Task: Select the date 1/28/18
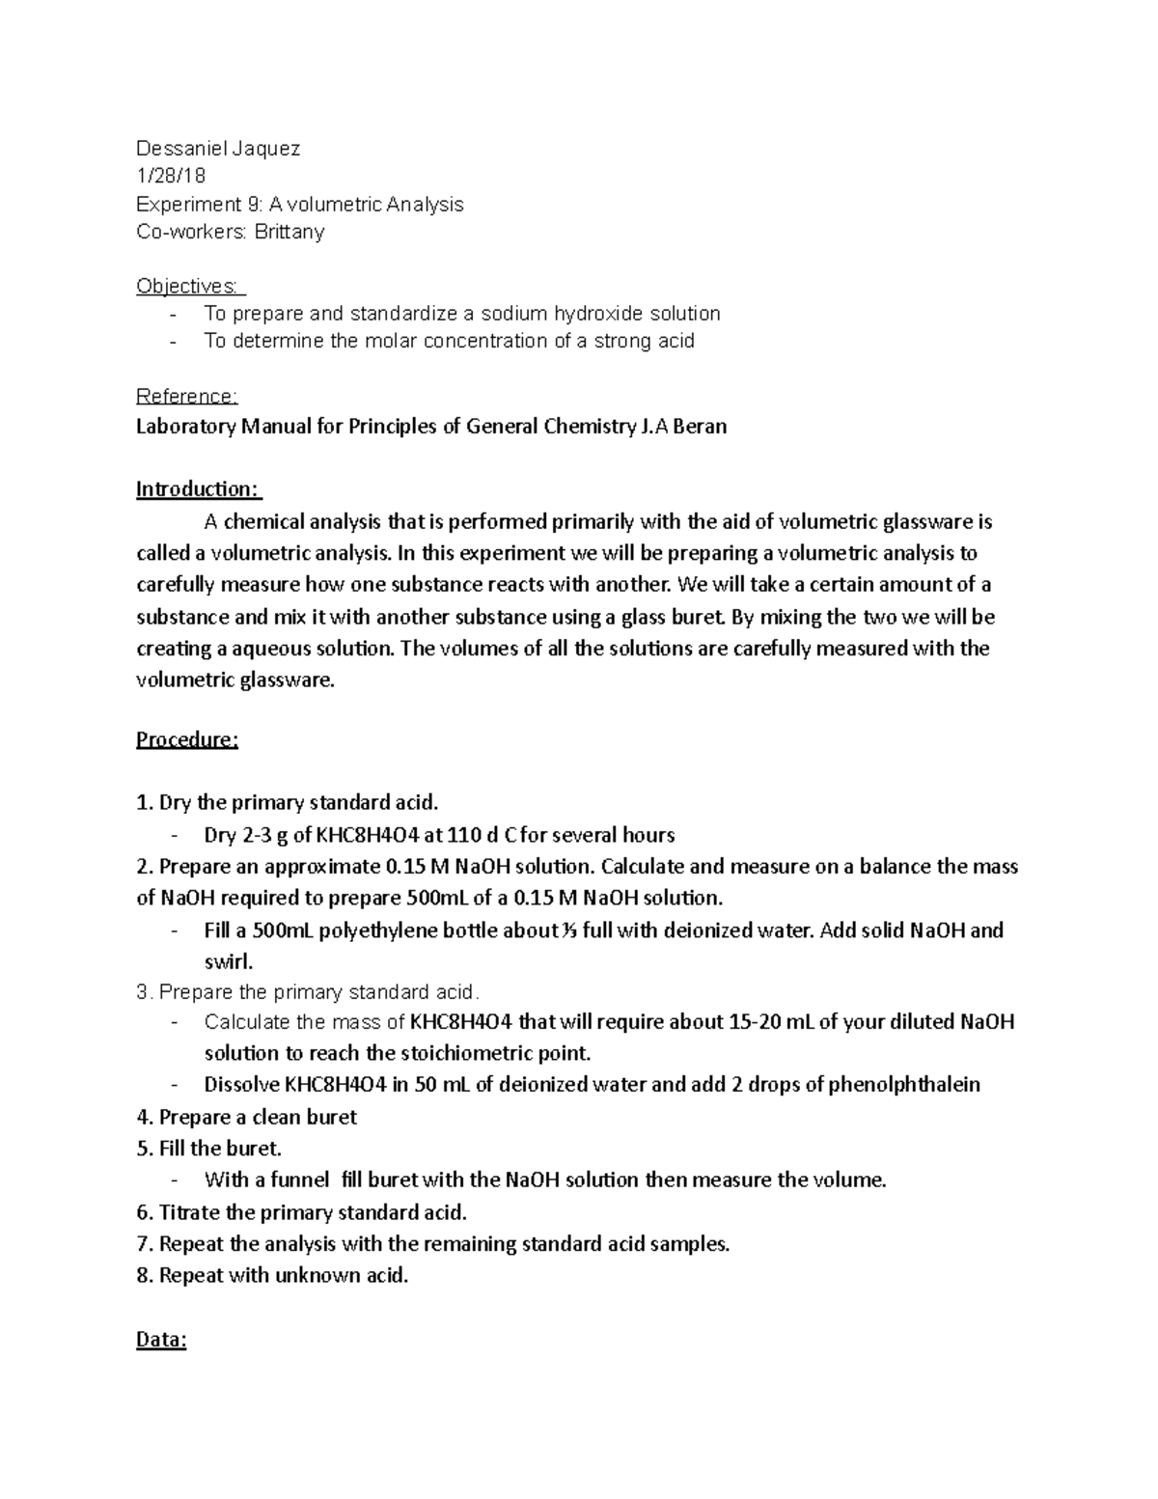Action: (171, 177)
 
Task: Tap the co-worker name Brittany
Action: (289, 233)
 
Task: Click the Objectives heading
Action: (189, 287)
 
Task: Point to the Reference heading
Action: (186, 397)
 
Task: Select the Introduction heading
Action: (197, 489)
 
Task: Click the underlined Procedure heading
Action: (186, 740)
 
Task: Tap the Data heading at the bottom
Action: (161, 1340)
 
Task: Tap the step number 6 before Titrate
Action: (143, 1212)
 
